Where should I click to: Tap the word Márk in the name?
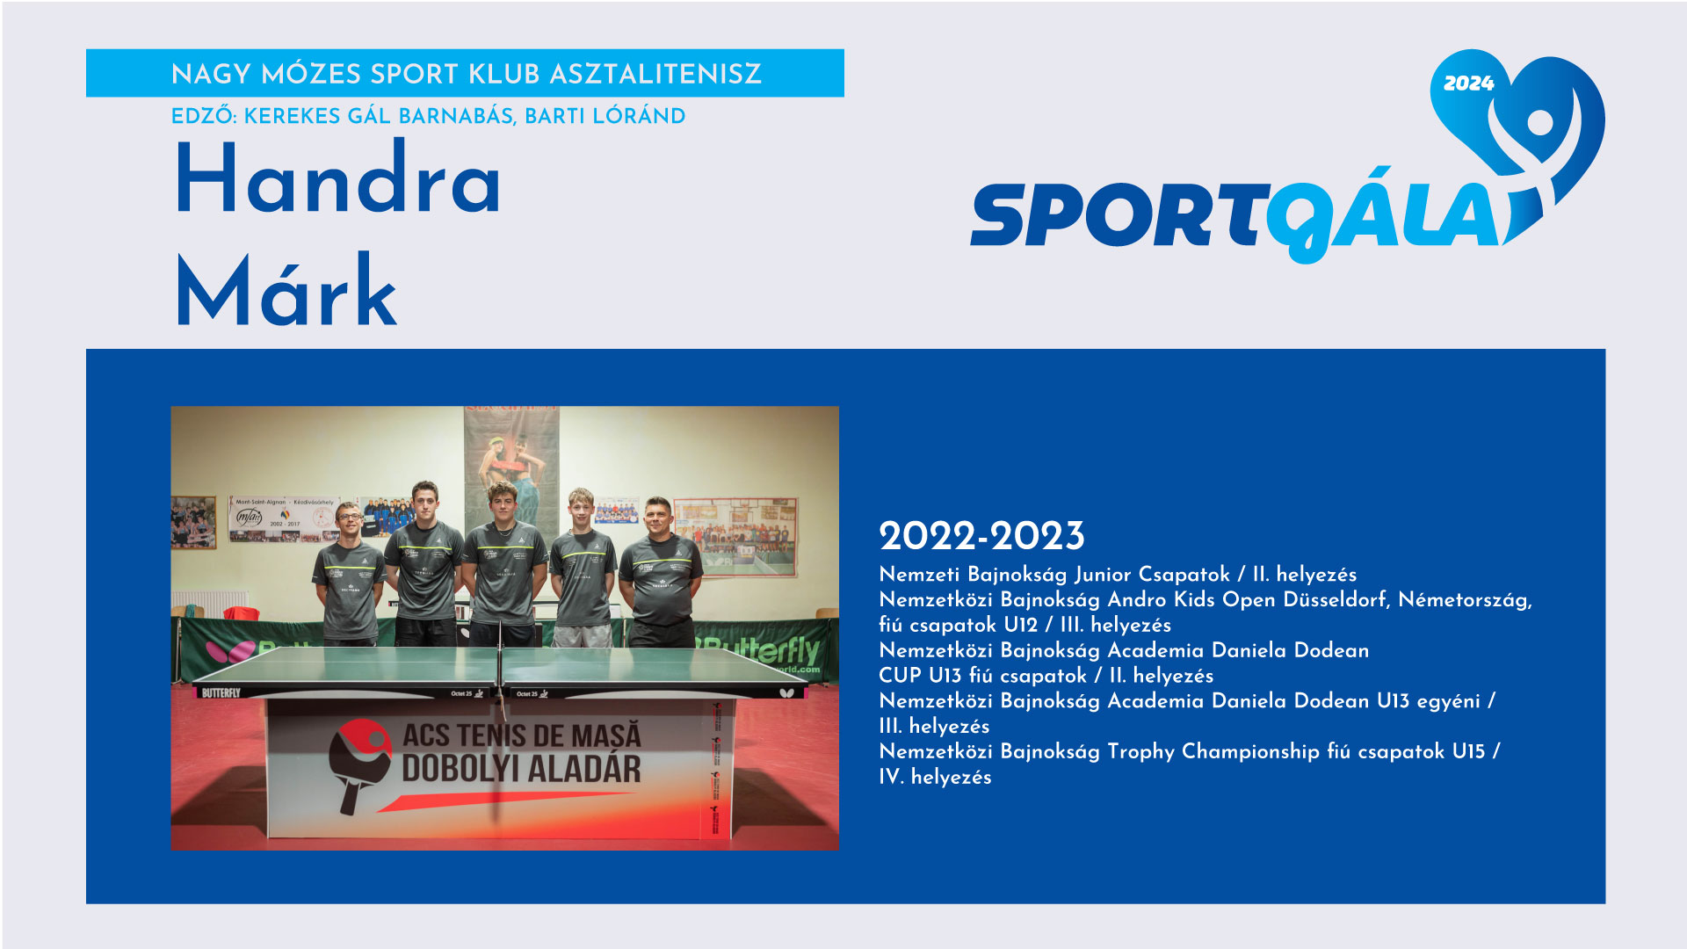pos(286,290)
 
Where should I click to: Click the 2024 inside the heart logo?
pos(1468,83)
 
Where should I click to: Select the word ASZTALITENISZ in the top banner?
pos(655,74)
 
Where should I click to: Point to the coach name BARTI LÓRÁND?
pos(605,116)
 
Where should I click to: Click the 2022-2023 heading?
pos(981,536)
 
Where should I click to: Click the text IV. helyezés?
pos(935,777)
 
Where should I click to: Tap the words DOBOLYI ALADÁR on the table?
pos(522,769)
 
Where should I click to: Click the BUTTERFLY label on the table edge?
pos(221,693)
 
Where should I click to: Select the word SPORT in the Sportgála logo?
pos(1117,215)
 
